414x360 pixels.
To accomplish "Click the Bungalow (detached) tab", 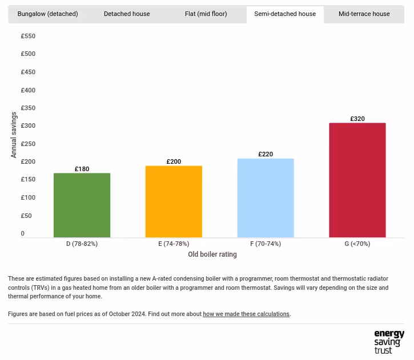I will tap(47, 14).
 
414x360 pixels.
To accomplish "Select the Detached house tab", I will tap(127, 14).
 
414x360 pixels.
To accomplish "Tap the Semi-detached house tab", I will tap(285, 14).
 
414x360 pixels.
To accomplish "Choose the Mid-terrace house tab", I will tap(364, 14).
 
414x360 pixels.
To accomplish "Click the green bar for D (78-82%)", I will tap(82, 205).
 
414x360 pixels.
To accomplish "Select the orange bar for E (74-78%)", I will tap(174, 201).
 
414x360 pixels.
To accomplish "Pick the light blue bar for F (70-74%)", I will tap(266, 198).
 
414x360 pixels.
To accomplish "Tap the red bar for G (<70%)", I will tap(357, 180).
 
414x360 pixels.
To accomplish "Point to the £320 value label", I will tap(357, 119).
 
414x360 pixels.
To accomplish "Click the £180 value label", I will tap(82, 169).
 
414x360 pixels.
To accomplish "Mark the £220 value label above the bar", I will tap(266, 154).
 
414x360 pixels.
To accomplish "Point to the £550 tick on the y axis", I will tap(28, 36).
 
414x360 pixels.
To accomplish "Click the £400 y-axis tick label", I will tap(28, 90).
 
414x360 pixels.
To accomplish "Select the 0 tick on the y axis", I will tap(23, 233).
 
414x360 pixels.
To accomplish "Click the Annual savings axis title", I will tap(14, 135).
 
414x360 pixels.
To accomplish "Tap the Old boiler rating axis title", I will tap(212, 254).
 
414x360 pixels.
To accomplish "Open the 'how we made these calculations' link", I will tap(246, 314).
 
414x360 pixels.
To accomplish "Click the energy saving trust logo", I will tap(388, 342).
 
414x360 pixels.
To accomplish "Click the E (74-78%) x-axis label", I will tap(174, 244).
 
